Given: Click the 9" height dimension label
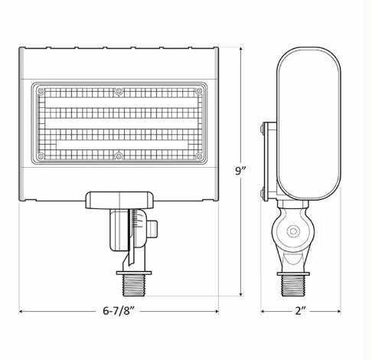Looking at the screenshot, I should (x=242, y=172).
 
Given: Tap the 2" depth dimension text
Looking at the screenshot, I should (x=301, y=312).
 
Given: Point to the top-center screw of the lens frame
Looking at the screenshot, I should (x=119, y=92).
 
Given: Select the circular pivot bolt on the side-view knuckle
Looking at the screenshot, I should (x=291, y=231).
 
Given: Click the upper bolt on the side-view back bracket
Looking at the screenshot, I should (x=265, y=131).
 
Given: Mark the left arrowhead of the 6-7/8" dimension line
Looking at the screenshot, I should (x=21, y=312).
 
